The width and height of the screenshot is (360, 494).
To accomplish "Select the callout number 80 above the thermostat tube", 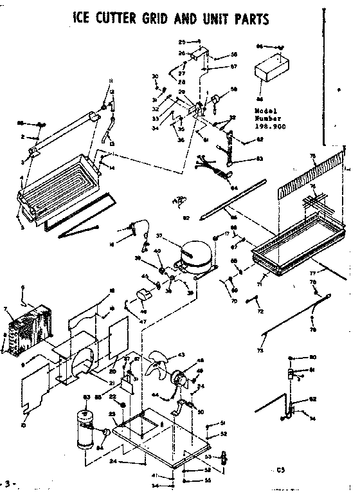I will tap(313, 357).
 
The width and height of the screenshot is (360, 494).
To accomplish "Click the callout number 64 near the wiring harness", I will tap(234, 188).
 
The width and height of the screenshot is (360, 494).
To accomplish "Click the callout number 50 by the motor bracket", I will tap(201, 411).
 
